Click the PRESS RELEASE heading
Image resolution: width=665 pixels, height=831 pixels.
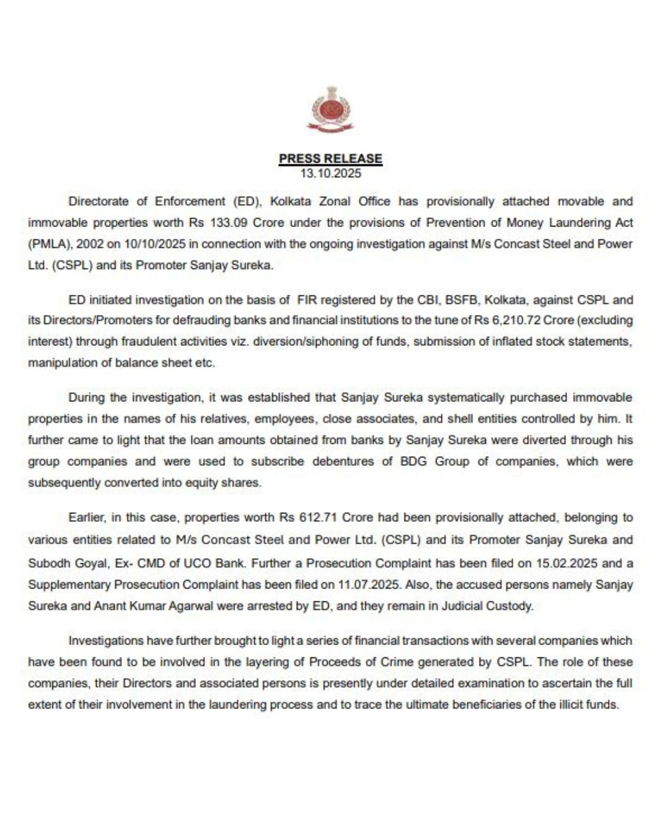[x=331, y=158]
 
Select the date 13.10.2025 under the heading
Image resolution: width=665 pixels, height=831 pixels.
[x=331, y=174]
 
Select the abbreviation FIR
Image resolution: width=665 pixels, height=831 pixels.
[x=309, y=300]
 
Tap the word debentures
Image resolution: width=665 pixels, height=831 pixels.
[x=342, y=461]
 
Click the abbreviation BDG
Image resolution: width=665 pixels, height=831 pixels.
[x=414, y=461]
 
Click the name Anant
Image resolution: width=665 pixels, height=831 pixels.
[x=109, y=606]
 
